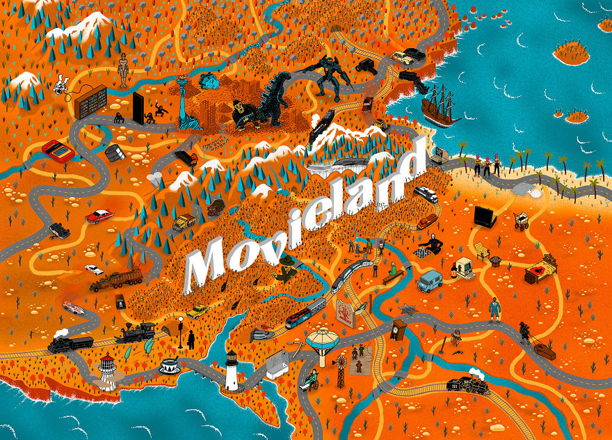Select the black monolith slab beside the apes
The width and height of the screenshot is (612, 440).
[138, 108]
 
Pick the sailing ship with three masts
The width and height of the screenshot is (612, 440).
[440, 107]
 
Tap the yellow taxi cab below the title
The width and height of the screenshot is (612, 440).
[198, 311]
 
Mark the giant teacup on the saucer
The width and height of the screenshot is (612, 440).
[169, 366]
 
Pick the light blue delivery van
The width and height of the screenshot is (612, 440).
[430, 281]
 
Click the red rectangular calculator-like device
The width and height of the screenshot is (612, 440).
[58, 150]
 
